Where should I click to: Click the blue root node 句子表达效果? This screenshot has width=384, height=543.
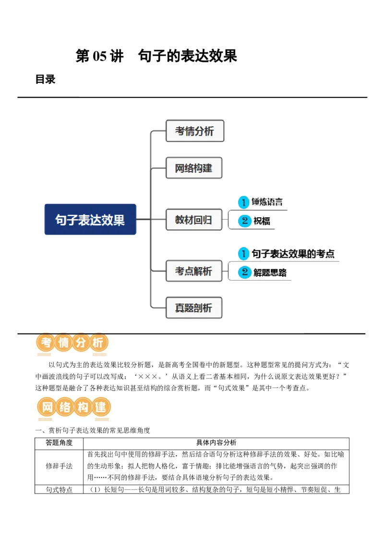pyautogui.click(x=90, y=219)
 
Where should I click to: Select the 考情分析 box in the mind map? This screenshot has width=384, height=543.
pyautogui.click(x=195, y=131)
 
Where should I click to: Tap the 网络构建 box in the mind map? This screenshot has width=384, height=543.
pyautogui.click(x=194, y=168)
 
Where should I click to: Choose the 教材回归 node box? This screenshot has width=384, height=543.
pyautogui.click(x=194, y=220)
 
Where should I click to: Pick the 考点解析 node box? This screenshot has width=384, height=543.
pyautogui.click(x=194, y=271)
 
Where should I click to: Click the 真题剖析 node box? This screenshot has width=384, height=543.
pyautogui.click(x=194, y=307)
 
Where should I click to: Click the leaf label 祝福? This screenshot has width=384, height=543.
pyautogui.click(x=262, y=221)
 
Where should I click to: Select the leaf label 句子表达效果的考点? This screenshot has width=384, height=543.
pyautogui.click(x=293, y=254)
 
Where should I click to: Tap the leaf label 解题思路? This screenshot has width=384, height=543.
pyautogui.click(x=270, y=273)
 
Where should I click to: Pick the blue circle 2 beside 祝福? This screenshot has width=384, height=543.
pyautogui.click(x=245, y=221)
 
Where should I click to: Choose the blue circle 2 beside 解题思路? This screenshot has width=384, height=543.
pyautogui.click(x=245, y=273)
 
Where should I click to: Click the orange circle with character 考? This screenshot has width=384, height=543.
pyautogui.click(x=46, y=343)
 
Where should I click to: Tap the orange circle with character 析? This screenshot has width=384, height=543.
pyautogui.click(x=98, y=343)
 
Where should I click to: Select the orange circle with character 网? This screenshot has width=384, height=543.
pyautogui.click(x=47, y=408)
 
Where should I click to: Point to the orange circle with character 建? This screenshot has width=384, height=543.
pyautogui.click(x=101, y=408)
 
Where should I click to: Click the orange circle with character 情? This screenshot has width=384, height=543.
pyautogui.click(x=63, y=343)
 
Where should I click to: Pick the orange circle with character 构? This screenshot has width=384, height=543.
pyautogui.click(x=83, y=408)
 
